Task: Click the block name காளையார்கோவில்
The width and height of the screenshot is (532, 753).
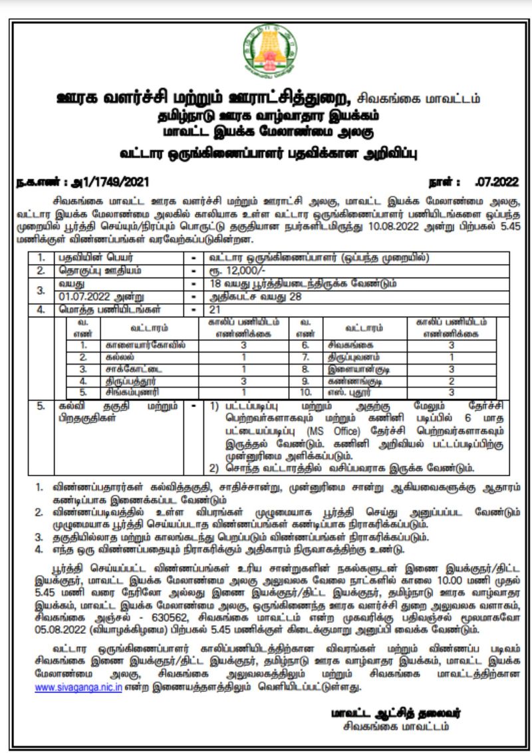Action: [x=146, y=345]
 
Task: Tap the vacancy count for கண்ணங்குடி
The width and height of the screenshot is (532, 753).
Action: [x=451, y=381]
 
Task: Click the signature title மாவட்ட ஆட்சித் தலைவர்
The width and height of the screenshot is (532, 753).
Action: [x=396, y=713]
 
